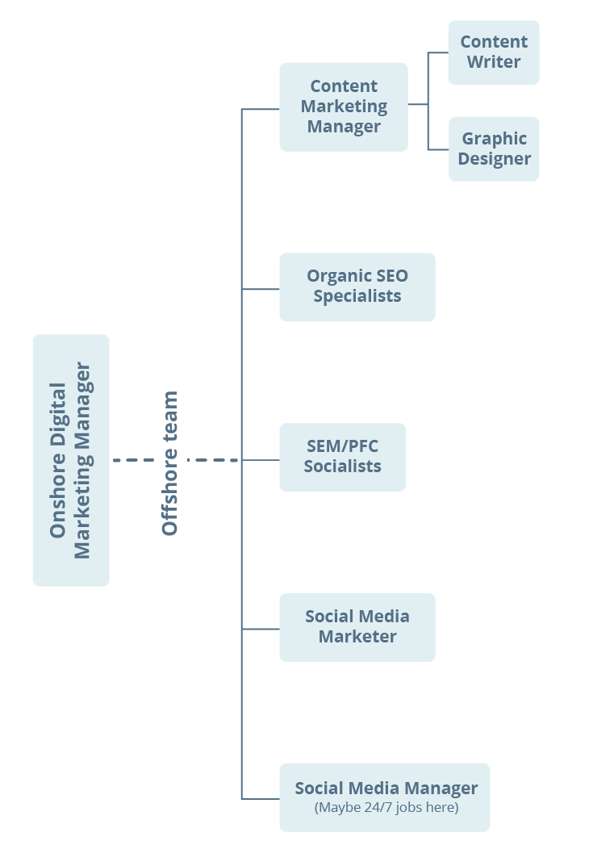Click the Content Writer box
493,52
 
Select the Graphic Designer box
494,149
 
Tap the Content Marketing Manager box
344,107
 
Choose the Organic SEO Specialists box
357,287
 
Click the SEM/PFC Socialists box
342,457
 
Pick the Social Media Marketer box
357,627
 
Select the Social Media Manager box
385,797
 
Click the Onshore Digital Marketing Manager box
71,460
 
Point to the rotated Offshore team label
170,462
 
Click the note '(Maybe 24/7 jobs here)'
386,808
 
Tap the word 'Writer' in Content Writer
495,62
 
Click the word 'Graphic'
495,139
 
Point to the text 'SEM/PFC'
342,446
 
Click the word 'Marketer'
357,637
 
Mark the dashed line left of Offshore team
133,460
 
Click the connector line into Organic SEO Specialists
261,289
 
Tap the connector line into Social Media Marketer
261,629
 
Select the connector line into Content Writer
438,53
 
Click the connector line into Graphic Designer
438,149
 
